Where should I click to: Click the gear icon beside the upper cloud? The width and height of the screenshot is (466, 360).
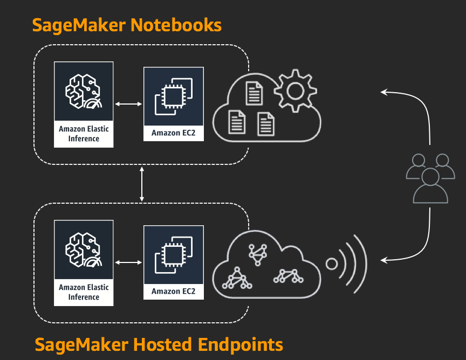point(294,91)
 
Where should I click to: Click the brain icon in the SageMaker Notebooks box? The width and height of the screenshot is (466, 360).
point(83,92)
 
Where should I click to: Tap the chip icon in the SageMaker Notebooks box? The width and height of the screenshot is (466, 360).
point(173,96)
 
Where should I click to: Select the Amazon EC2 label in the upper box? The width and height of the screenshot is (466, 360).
point(173,133)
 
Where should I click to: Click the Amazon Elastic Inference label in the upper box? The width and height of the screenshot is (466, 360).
point(84,134)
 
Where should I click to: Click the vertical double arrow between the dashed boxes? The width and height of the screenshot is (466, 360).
point(142,184)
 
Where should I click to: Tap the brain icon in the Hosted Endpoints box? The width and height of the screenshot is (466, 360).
point(83,250)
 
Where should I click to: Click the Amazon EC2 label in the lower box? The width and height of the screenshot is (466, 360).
point(173,292)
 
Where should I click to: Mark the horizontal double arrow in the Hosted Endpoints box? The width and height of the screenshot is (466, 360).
point(128,262)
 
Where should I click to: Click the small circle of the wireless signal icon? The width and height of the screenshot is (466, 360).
point(332,264)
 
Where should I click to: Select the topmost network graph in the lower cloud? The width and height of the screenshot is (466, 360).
point(257,253)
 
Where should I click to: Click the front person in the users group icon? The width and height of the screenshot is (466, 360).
point(430,186)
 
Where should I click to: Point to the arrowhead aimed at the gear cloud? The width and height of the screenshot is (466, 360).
point(383,92)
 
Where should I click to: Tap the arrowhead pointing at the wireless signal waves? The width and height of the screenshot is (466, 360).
point(383,261)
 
